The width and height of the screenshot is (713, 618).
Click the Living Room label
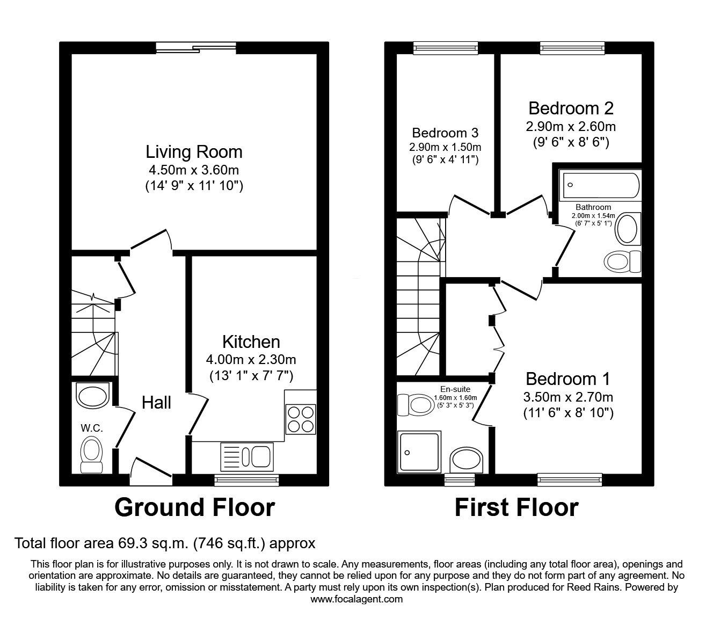[x=194, y=152]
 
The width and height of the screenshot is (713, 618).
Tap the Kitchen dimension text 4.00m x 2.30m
[x=251, y=360]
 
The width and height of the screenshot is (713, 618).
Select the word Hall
[x=156, y=403]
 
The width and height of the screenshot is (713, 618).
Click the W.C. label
[x=92, y=428]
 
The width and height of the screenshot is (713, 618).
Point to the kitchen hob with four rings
[x=301, y=419]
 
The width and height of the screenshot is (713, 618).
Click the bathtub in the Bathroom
[x=601, y=185]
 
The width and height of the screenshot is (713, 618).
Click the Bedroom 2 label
[x=571, y=108]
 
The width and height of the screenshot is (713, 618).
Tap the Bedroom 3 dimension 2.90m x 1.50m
[x=445, y=147]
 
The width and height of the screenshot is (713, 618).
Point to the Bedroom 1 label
[x=568, y=379]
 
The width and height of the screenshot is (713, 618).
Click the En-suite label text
[x=455, y=389]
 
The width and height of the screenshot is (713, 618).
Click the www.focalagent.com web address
[x=356, y=599]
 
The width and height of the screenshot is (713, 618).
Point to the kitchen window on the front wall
[x=246, y=480]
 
